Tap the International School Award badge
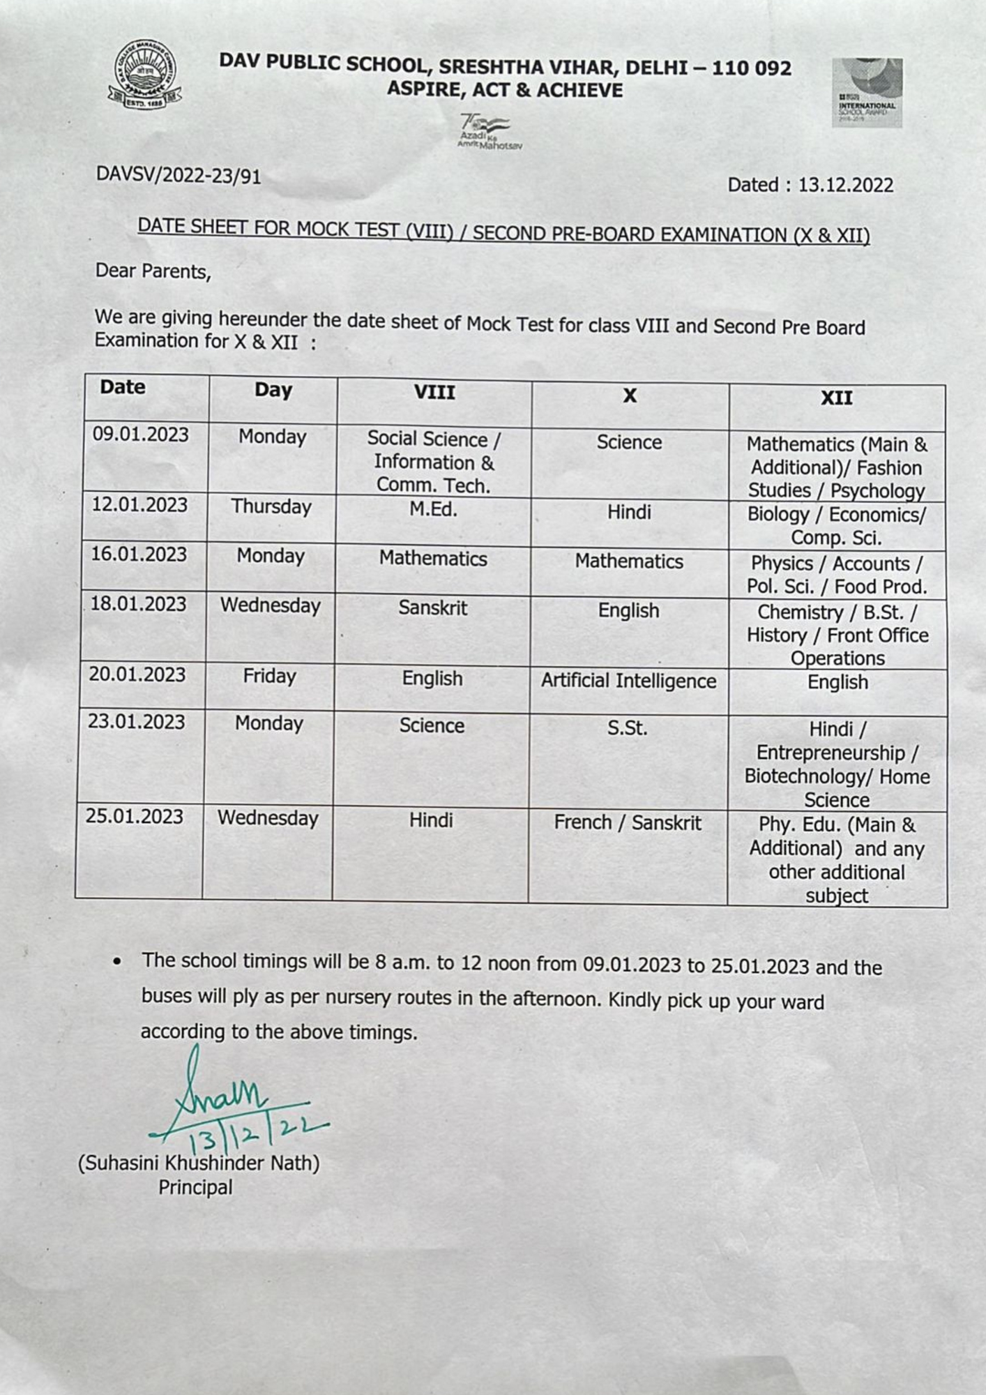coord(867,93)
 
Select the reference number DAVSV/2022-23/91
coord(179,175)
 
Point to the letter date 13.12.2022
coord(810,185)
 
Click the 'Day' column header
coord(273,391)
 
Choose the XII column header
coord(836,398)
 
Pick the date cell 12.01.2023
coord(140,505)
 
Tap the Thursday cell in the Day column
coord(271,507)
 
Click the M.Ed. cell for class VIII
coord(433,510)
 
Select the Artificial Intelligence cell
coord(628,681)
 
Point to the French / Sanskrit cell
coord(628,823)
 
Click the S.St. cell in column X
coord(627,728)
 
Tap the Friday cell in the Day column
coord(269,676)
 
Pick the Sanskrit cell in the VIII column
coord(433,608)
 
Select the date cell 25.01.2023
coord(135,816)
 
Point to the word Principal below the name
coord(195,1187)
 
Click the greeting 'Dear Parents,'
coord(153,271)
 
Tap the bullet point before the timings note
coord(118,962)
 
